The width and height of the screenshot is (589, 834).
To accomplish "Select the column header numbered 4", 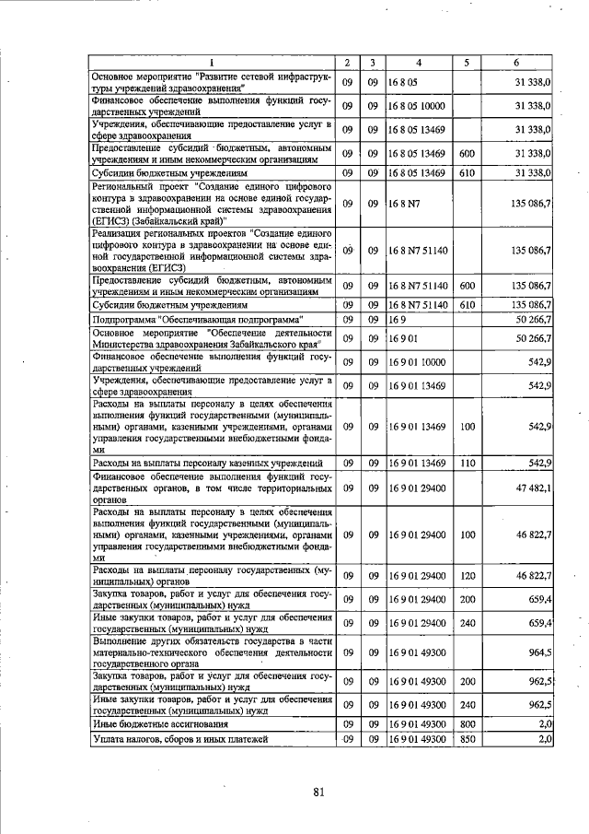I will point(418,63).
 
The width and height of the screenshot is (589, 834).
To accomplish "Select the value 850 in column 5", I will point(467,740).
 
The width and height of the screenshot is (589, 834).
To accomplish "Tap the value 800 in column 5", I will point(467,724).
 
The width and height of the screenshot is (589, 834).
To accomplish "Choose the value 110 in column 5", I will point(467,463).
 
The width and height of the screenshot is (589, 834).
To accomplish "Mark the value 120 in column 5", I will point(467,576).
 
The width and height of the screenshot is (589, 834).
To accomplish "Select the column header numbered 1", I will point(212,63).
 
